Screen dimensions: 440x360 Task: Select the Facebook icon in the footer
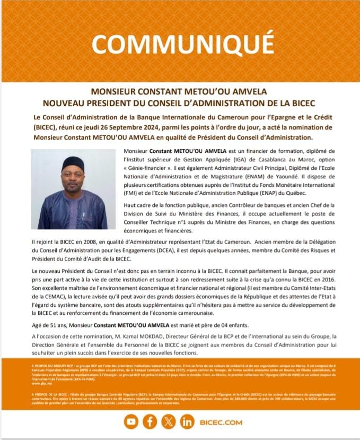tap(150, 422)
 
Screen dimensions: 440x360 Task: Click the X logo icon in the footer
tap(169, 422)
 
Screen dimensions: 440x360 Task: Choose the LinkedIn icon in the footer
tap(187, 422)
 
